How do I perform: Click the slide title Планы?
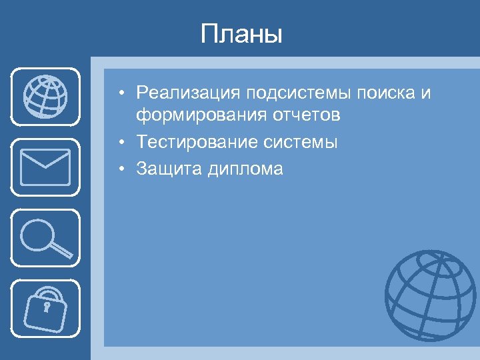(241, 35)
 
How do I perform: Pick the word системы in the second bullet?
(303, 142)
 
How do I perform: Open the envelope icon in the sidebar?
(45, 167)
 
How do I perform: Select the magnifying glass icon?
(45, 237)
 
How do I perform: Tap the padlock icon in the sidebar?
(45, 309)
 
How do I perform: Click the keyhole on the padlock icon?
(47, 307)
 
